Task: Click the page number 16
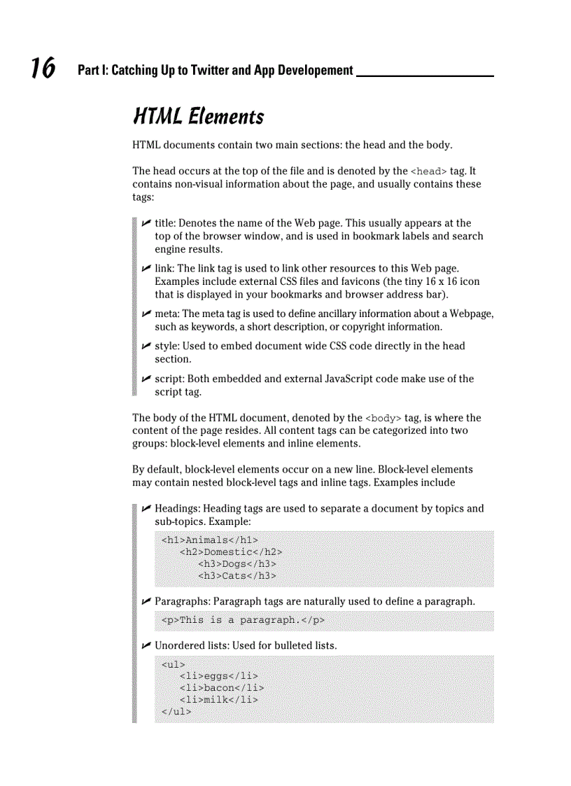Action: (43, 69)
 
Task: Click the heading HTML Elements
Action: (198, 116)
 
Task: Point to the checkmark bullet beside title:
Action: (146, 223)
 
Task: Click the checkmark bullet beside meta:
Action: (146, 314)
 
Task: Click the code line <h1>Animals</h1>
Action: (209, 540)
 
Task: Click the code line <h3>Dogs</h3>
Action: (237, 563)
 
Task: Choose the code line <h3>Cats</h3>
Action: (237, 576)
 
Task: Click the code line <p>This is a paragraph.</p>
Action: (243, 620)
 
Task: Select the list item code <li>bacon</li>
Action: (221, 688)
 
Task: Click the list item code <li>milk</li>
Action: (218, 700)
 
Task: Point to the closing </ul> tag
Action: (176, 712)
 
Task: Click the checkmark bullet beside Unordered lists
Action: (146, 645)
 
